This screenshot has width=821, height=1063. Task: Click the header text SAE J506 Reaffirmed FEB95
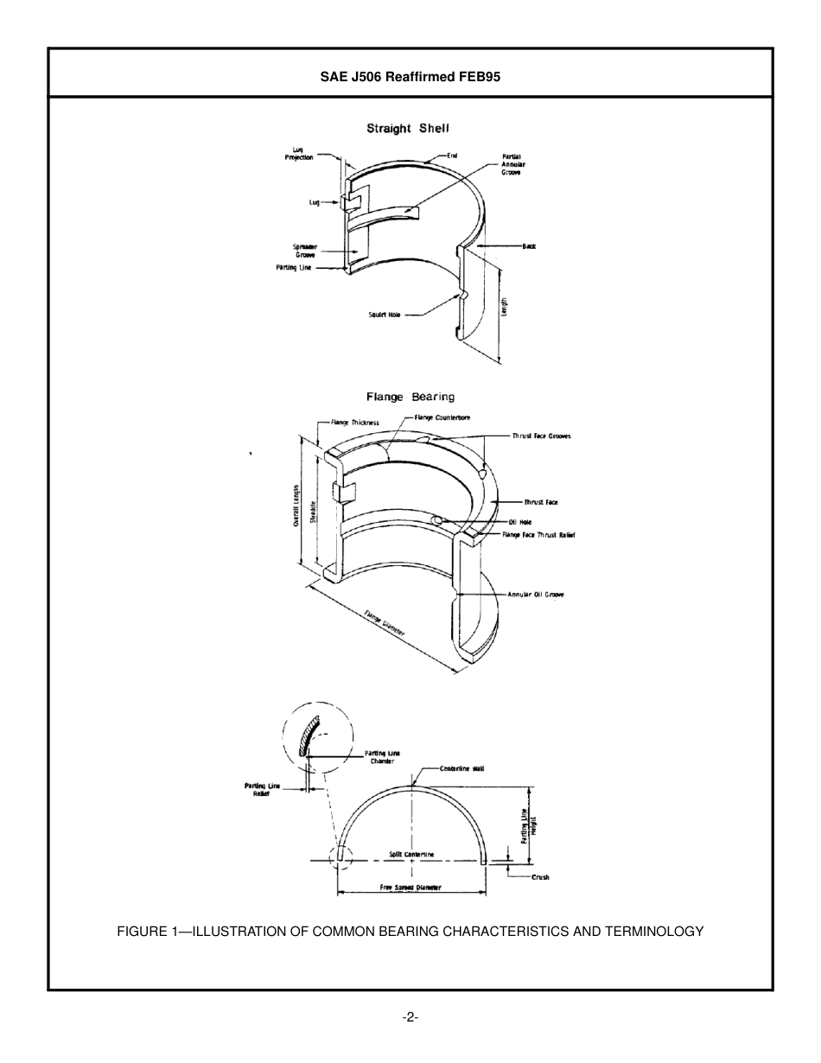410,76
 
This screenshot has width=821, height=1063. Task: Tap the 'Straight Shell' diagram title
408,129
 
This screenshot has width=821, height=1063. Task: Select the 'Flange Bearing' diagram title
410,398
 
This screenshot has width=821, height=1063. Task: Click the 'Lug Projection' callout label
299,154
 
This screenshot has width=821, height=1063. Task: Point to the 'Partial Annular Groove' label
512,164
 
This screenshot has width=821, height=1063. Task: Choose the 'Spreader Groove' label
304,251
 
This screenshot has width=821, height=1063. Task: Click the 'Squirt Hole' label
385,315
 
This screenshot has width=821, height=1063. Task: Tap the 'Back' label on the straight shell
528,246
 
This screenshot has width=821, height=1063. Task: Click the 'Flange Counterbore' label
442,417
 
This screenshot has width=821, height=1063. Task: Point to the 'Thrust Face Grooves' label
541,436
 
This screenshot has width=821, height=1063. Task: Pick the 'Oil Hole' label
519,522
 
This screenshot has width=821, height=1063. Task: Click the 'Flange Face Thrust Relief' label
538,535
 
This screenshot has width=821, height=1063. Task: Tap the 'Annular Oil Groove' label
536,595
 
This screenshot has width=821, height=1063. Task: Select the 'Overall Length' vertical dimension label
296,506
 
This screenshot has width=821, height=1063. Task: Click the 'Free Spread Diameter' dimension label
410,888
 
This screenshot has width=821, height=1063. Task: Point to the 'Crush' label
540,877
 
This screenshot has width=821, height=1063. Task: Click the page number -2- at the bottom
410,1017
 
